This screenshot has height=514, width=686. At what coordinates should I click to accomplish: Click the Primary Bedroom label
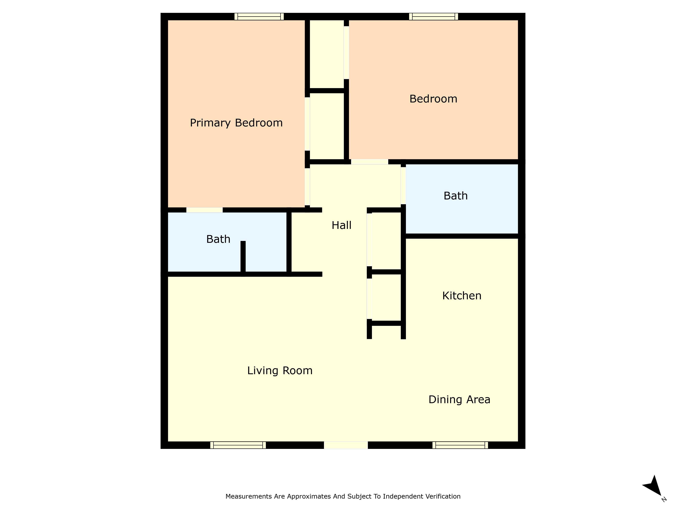(236, 123)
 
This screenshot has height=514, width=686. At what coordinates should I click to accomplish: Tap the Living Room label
(280, 371)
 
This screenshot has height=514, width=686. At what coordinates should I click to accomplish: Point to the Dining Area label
(459, 400)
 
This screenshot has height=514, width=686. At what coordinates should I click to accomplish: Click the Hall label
(341, 225)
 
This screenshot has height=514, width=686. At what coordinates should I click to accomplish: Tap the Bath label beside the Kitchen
(456, 196)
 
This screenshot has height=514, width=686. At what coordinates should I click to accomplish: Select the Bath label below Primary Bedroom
(218, 239)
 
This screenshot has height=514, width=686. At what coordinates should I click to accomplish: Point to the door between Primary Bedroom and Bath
(204, 210)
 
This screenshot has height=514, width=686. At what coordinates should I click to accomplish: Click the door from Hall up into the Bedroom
(369, 162)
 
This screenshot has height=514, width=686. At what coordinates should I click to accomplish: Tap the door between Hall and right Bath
(403, 185)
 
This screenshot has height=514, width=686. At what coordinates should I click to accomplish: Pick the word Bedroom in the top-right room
(433, 99)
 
